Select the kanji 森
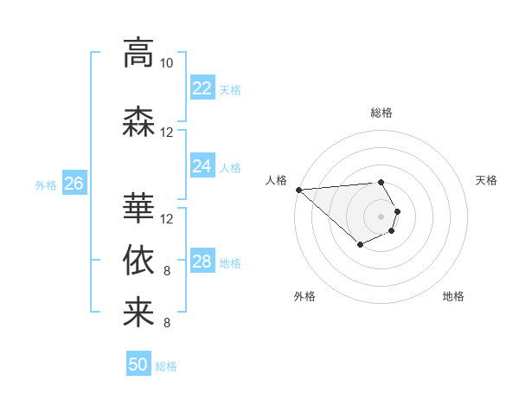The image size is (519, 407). [138, 121]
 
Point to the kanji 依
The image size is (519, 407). [138, 260]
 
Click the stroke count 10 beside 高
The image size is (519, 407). [167, 63]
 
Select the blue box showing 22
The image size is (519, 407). [202, 87]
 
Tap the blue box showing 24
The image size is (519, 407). [202, 166]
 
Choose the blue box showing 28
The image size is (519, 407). [202, 262]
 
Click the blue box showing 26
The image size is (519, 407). [74, 183]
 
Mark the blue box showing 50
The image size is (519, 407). [138, 365]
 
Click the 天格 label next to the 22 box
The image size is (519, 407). [229, 89]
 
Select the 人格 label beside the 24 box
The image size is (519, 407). [229, 167]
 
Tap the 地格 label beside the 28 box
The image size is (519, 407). [229, 262]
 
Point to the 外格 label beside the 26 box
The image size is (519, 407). [46, 184]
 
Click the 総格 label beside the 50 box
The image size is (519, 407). [166, 366]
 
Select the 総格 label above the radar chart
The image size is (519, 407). [381, 113]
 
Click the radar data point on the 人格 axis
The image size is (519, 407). [298, 190]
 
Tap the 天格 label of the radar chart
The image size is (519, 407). [487, 180]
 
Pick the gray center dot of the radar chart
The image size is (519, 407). [381, 216]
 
